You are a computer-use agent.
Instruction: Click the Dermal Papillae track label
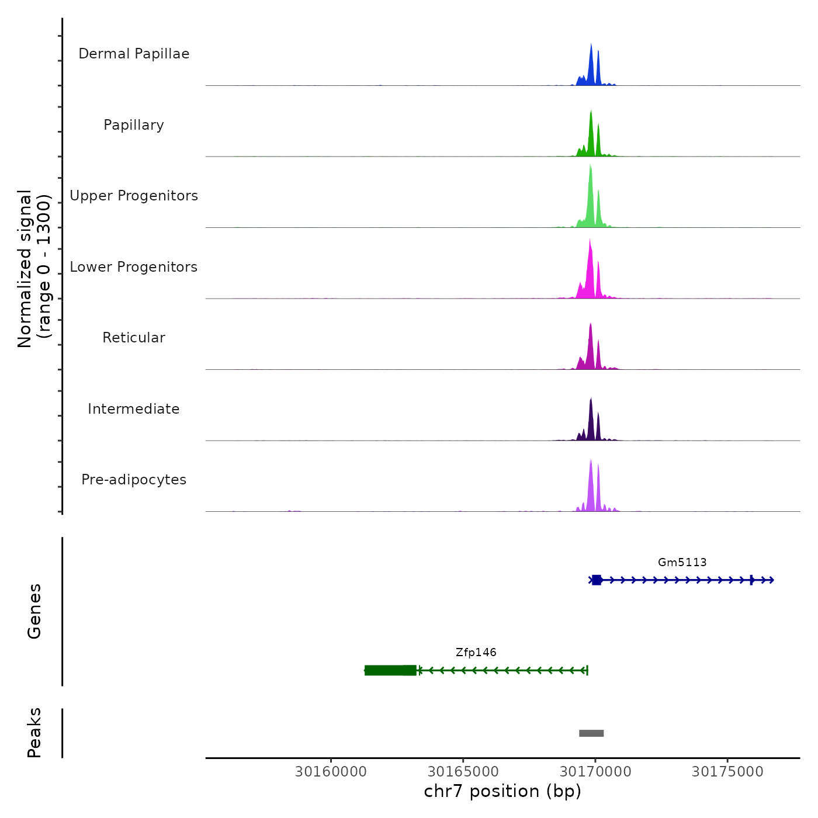134,54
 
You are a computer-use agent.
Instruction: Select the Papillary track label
134,125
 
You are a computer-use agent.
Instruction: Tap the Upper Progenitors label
134,196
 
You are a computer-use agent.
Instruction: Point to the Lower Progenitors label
134,267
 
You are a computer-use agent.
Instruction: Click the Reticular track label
134,338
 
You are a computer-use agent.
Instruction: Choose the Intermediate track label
134,409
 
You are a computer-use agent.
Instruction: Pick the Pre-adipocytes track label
134,480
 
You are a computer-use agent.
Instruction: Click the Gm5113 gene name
682,563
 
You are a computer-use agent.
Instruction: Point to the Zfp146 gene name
476,653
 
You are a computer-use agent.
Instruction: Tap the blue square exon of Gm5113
597,580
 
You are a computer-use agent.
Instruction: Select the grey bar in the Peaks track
591,733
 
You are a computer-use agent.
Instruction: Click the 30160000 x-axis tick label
331,772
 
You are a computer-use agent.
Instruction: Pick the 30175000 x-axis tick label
727,772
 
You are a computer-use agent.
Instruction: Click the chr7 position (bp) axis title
502,792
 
